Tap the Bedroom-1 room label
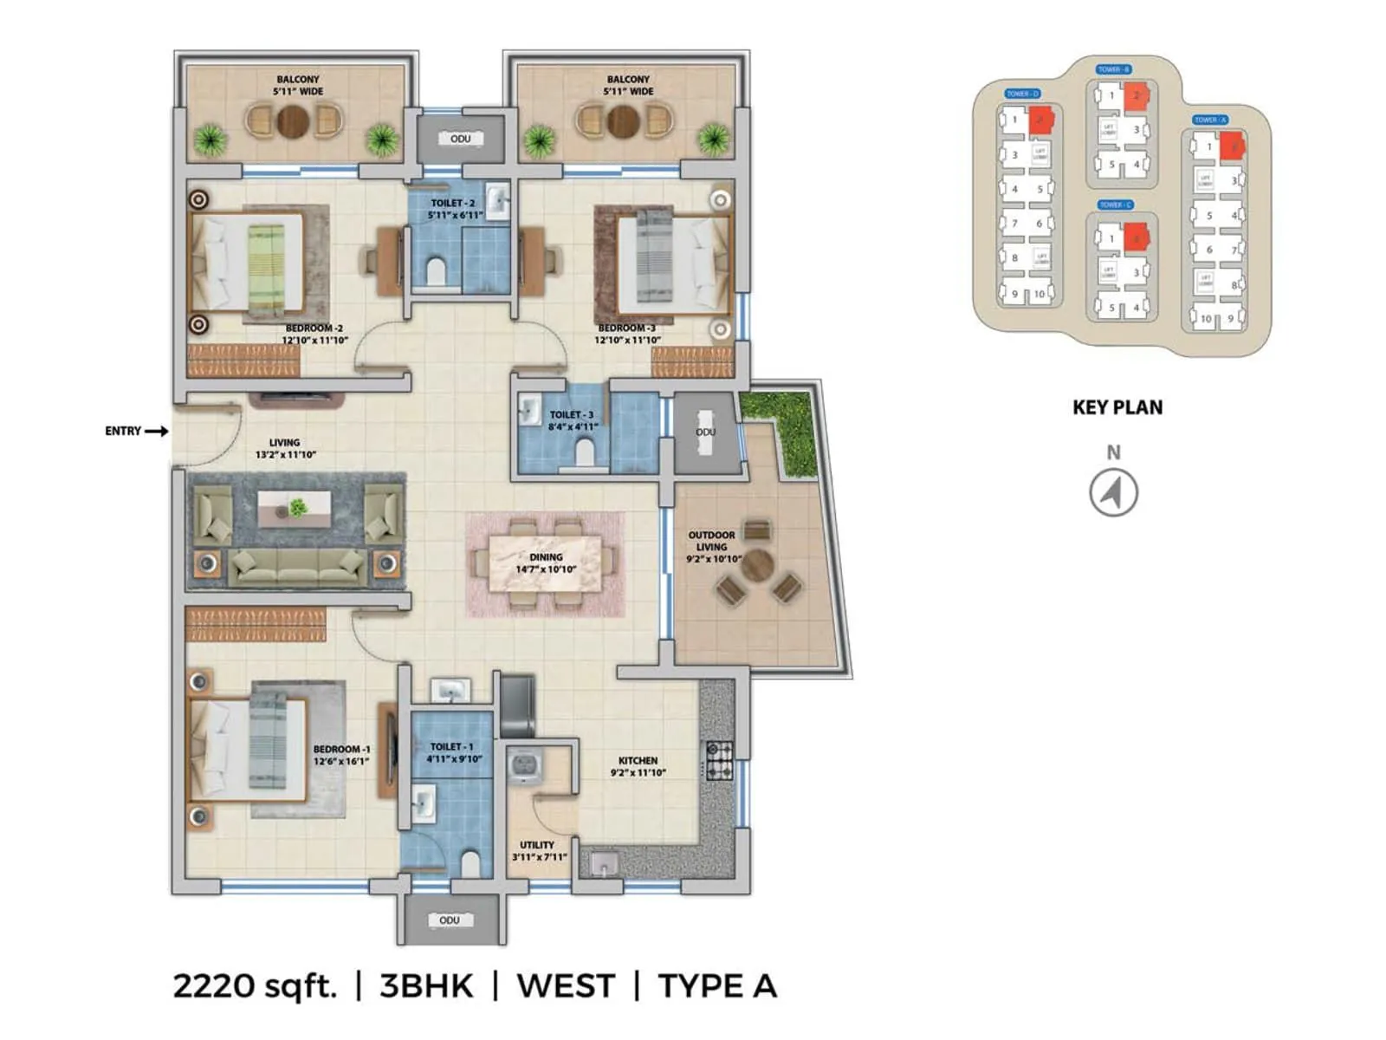(x=341, y=749)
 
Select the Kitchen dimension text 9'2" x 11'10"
(x=638, y=773)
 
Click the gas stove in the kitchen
(x=719, y=760)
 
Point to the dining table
(x=545, y=563)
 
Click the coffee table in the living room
(x=294, y=509)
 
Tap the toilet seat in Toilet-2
(x=436, y=271)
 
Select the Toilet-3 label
(x=572, y=415)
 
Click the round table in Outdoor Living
(x=757, y=566)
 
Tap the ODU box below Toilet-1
(x=450, y=920)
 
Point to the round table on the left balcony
(x=293, y=121)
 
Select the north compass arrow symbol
(x=1113, y=492)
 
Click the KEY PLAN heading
(x=1117, y=407)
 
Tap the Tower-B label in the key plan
(x=1113, y=69)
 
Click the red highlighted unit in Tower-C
(x=1136, y=237)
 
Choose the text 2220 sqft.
(x=255, y=986)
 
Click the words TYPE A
(x=717, y=986)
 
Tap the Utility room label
(x=537, y=845)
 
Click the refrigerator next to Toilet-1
(x=517, y=705)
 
